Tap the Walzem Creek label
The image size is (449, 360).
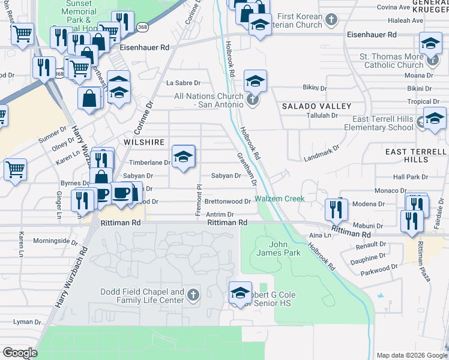click(x=280, y=199)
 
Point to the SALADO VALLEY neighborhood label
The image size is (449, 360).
click(x=316, y=106)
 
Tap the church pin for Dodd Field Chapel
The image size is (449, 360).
click(x=193, y=294)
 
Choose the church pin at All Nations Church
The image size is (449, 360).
click(x=253, y=99)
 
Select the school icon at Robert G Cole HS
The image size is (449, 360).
click(x=240, y=293)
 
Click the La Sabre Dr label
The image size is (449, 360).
click(x=183, y=83)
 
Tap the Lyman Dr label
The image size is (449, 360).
click(x=27, y=322)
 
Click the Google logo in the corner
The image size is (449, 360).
click(x=20, y=352)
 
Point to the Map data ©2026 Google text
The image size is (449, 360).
click(x=412, y=355)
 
